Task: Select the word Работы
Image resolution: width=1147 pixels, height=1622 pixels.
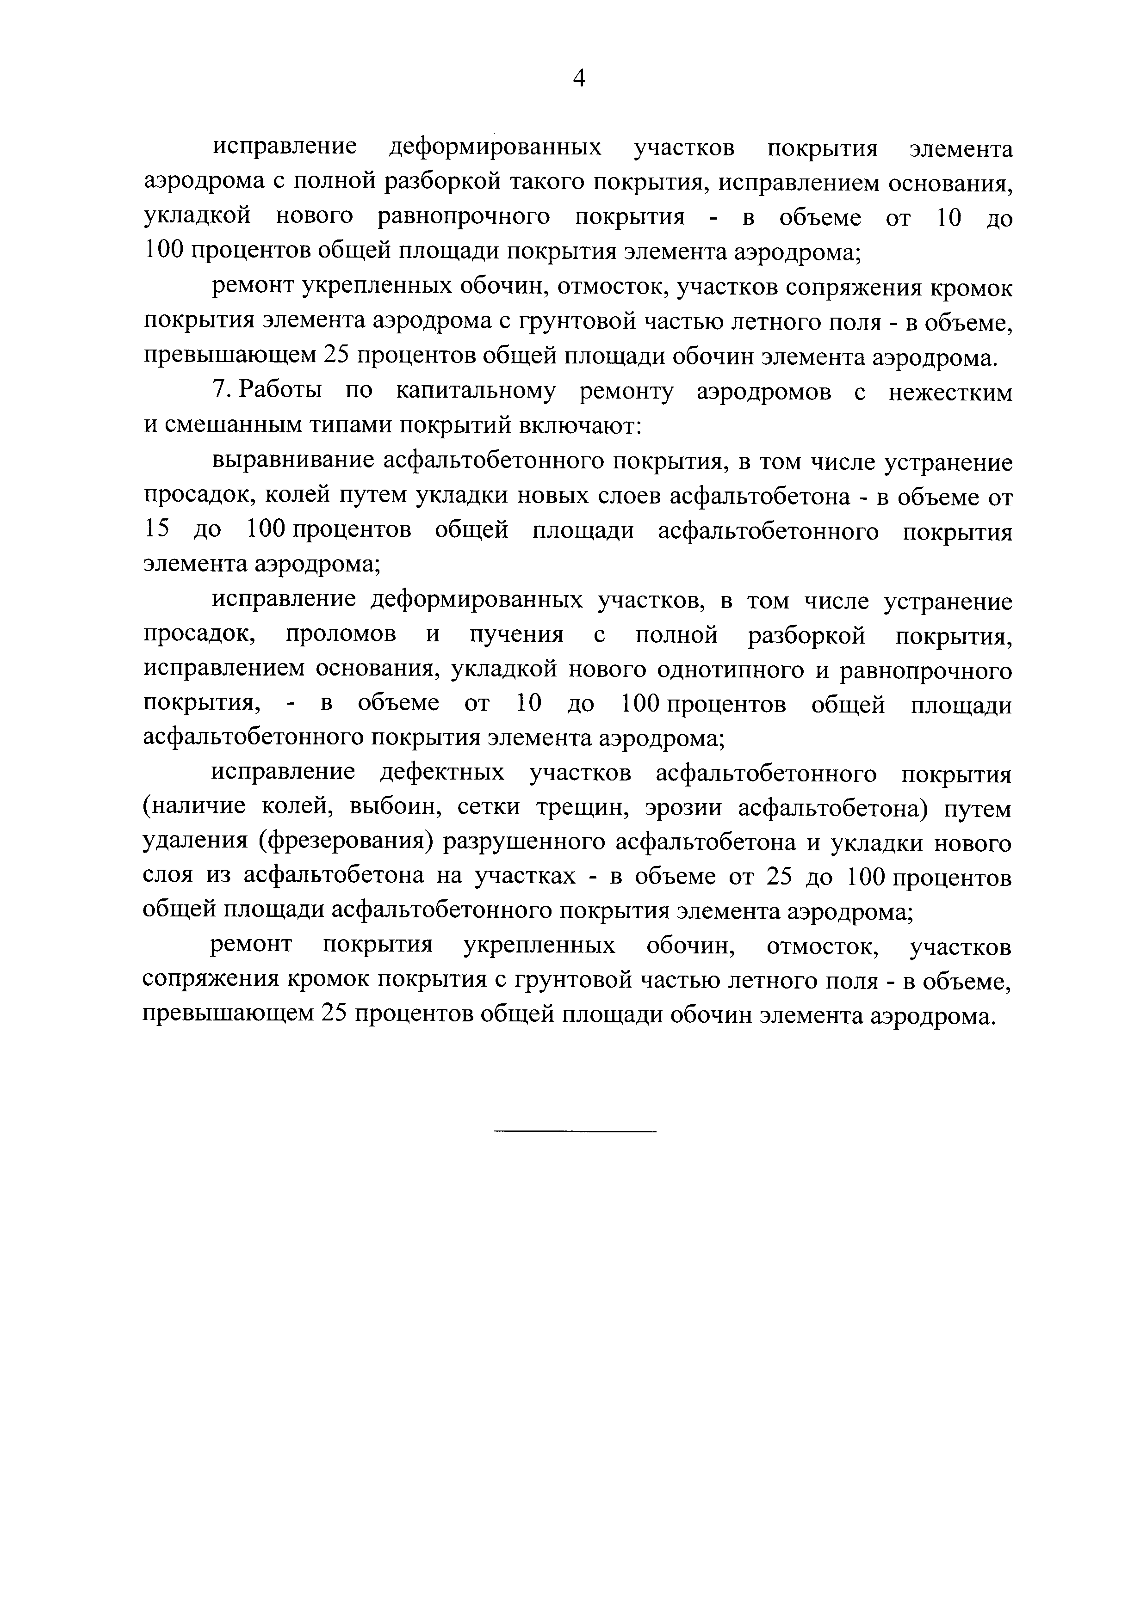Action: (x=281, y=391)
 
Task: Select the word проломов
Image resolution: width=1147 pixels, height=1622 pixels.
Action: (x=341, y=635)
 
